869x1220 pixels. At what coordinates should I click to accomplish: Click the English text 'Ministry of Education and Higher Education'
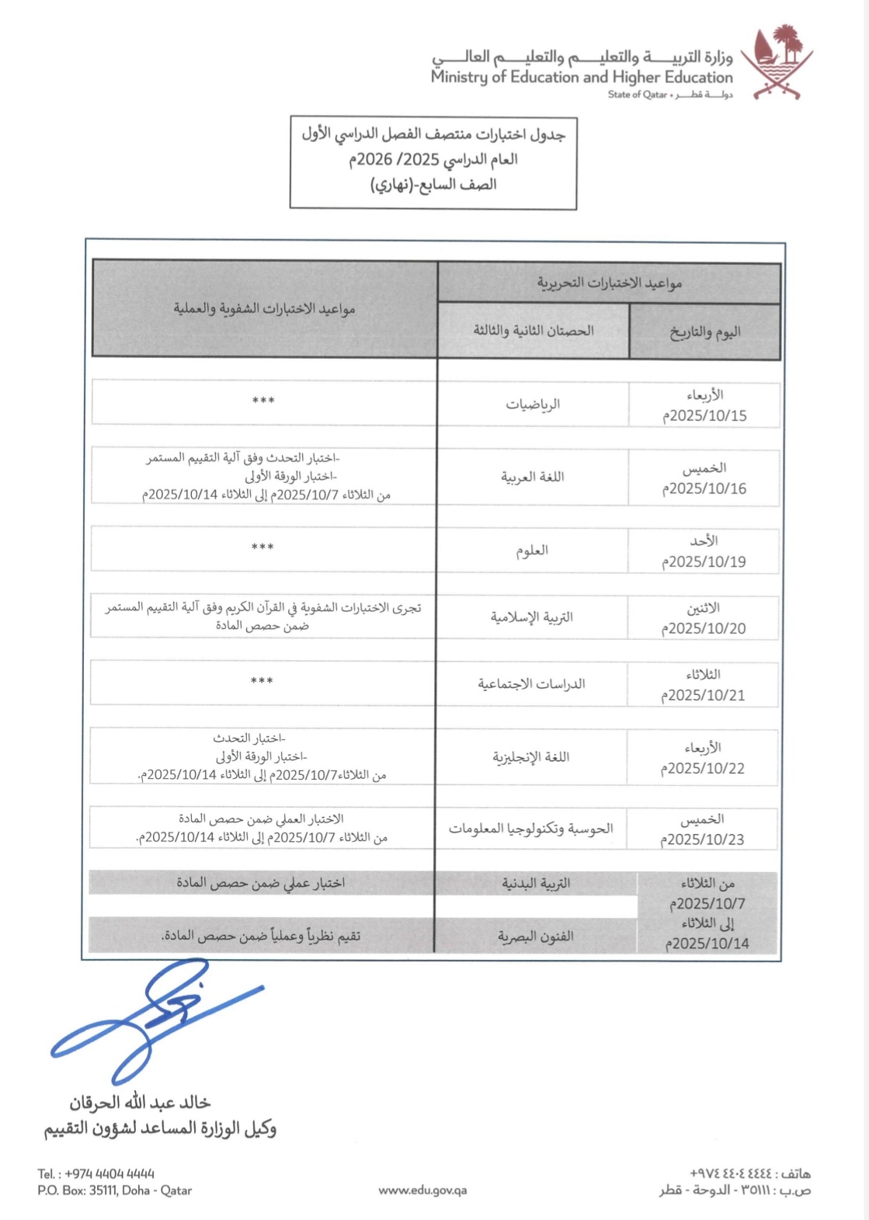[x=582, y=77]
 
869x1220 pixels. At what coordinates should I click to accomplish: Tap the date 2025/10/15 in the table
[x=704, y=415]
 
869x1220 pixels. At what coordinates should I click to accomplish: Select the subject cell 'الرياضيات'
[x=533, y=404]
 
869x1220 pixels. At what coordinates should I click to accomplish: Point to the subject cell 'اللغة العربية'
[x=533, y=477]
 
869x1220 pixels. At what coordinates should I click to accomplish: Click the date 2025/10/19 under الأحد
[x=704, y=561]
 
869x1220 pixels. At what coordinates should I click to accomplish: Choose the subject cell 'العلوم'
[x=532, y=551]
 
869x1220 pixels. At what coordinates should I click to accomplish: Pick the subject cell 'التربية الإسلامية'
[x=532, y=617]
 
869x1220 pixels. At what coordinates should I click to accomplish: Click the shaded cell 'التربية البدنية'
[x=536, y=883]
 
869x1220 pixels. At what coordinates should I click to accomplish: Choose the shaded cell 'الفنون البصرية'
[x=536, y=937]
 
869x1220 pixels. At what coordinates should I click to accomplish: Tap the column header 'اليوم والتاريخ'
[x=705, y=332]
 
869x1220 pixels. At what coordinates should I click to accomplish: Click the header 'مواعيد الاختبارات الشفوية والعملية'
[x=264, y=309]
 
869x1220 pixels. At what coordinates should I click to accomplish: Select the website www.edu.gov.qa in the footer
[x=422, y=1190]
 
